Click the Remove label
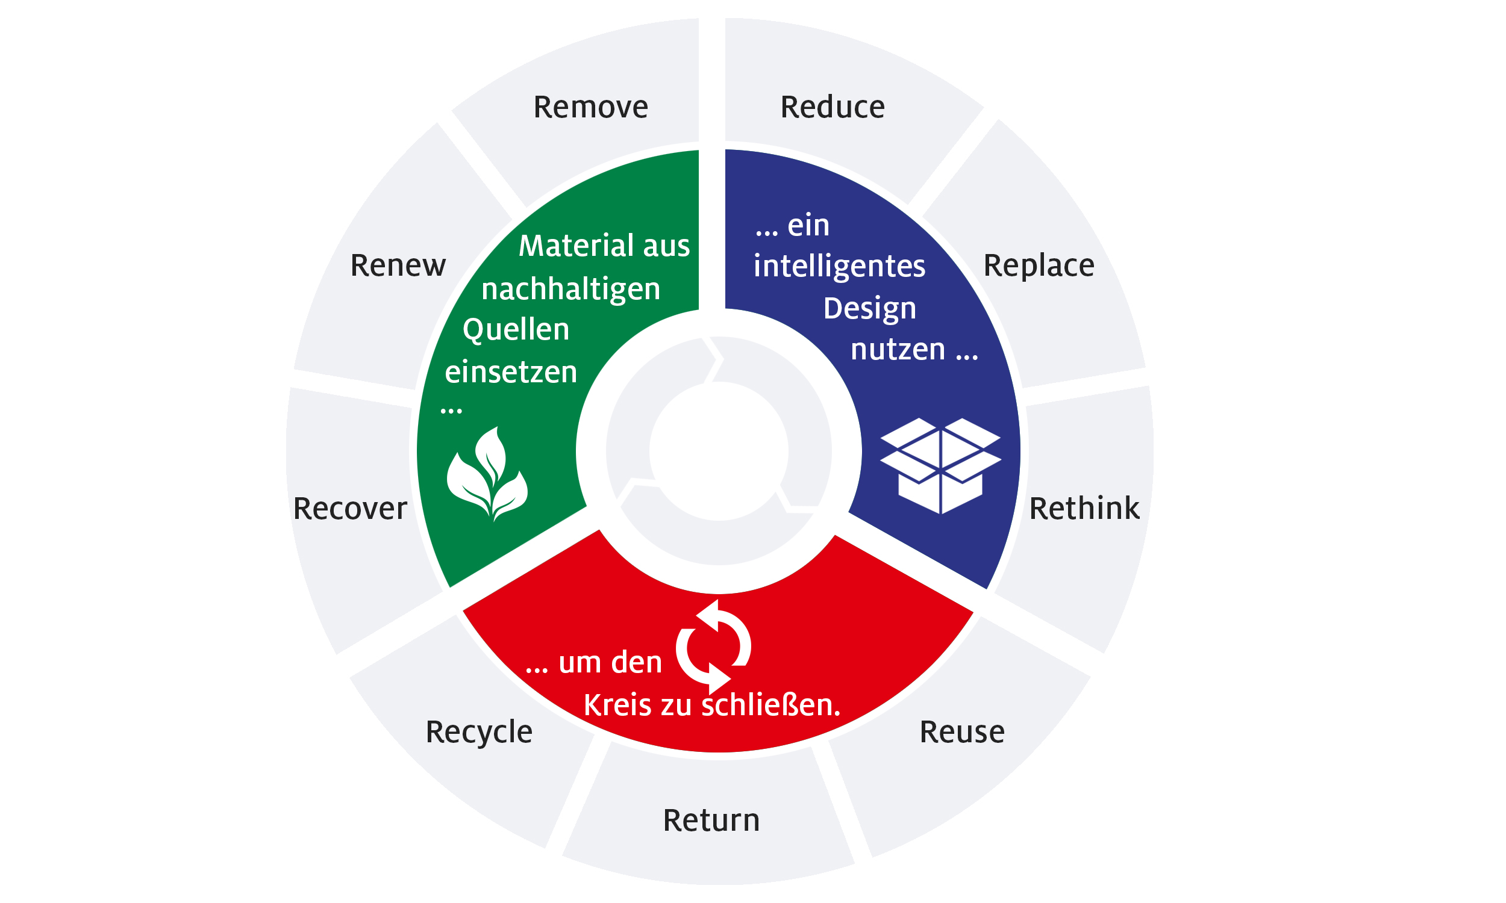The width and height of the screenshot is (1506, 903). click(x=590, y=107)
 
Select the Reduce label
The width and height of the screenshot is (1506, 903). click(x=832, y=107)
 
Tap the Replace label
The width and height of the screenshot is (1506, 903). click(x=1039, y=266)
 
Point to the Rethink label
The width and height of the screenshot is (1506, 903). click(x=1084, y=508)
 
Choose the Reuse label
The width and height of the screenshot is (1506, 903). click(x=962, y=731)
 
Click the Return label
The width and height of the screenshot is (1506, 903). click(x=711, y=821)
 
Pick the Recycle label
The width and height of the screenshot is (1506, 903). click(x=479, y=733)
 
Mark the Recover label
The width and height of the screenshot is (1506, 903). click(x=350, y=509)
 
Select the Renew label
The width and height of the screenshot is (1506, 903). click(x=398, y=266)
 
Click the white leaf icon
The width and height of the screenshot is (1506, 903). click(x=487, y=473)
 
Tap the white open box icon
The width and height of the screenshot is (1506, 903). click(x=940, y=465)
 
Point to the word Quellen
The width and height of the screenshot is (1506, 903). click(x=516, y=330)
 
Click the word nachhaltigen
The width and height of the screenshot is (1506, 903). click(x=571, y=289)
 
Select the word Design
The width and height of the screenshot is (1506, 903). click(x=870, y=308)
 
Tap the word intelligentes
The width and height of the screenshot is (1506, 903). click(x=839, y=267)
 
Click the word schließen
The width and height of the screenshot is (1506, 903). click(x=771, y=704)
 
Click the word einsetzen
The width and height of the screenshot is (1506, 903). click(x=511, y=372)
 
